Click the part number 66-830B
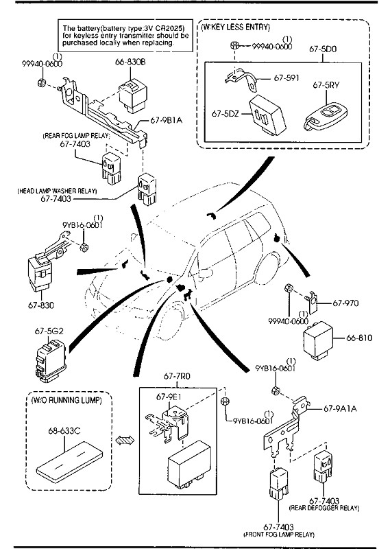[x=130, y=62]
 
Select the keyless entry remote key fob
[x=326, y=116]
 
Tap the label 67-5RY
[x=326, y=85]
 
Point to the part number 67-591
[x=287, y=78]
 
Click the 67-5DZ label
[x=226, y=114]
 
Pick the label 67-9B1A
[x=167, y=121]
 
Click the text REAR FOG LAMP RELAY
[x=76, y=136]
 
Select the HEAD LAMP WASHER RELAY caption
[x=57, y=191]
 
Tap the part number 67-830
[x=41, y=305]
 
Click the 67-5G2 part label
[x=49, y=331]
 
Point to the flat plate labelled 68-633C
[x=69, y=462]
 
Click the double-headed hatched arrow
[x=125, y=440]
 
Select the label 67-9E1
[x=169, y=397]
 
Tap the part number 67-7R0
[x=177, y=376]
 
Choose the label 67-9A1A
[x=340, y=408]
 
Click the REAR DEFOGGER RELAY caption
[x=324, y=508]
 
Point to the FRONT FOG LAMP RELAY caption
[x=279, y=535]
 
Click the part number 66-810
[x=359, y=338]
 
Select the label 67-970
[x=345, y=303]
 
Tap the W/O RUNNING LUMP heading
[x=66, y=401]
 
